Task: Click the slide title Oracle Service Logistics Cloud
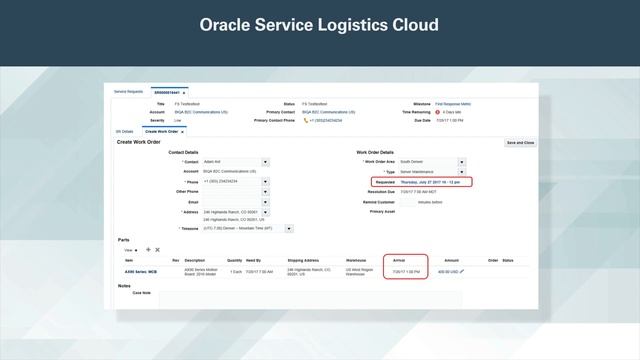point(320,24)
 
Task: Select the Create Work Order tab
point(162,131)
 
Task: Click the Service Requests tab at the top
point(129,91)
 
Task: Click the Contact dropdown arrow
point(265,161)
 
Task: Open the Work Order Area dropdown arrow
point(462,161)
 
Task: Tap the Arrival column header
point(398,260)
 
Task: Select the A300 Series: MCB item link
point(135,271)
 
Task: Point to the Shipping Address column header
point(304,260)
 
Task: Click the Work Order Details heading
point(376,152)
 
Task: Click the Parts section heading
point(123,240)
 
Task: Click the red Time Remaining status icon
point(437,112)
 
